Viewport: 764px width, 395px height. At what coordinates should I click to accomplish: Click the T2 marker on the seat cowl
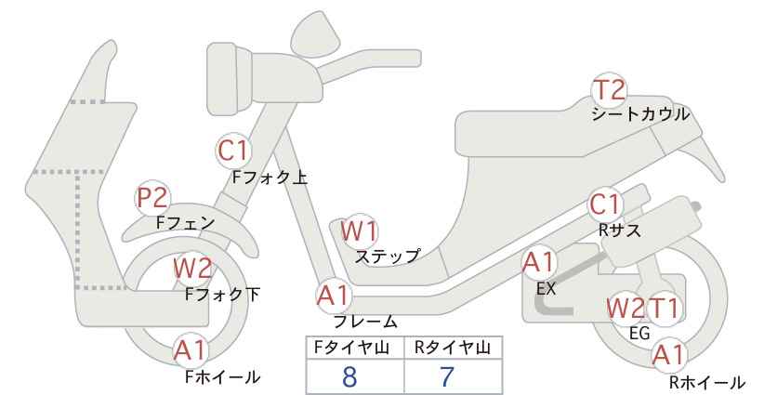609,90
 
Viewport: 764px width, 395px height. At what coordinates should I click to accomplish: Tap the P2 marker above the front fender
152,197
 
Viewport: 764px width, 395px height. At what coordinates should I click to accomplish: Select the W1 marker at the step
359,230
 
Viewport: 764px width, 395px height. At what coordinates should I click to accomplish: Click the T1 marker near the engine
665,309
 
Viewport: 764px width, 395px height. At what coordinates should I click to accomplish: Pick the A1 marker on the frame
334,296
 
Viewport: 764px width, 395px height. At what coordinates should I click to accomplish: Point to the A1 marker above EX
539,263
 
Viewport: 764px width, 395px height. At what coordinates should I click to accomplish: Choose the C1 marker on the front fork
233,151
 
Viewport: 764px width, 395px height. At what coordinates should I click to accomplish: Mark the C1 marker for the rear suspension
605,204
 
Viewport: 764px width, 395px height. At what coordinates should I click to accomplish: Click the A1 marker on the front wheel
191,350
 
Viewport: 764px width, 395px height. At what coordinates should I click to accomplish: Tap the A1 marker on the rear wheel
670,355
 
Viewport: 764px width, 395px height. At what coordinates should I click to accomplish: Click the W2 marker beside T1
626,309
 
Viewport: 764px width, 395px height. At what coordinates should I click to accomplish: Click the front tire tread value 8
349,376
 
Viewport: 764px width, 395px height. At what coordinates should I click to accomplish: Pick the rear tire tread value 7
447,376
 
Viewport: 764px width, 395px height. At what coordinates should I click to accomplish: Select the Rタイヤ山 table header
453,348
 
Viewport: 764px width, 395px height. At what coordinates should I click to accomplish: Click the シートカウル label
640,114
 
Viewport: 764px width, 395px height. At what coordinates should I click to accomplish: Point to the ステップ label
387,257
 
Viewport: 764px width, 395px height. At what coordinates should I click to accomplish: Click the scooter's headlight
229,79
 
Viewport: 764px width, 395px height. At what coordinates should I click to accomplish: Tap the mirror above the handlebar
317,30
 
